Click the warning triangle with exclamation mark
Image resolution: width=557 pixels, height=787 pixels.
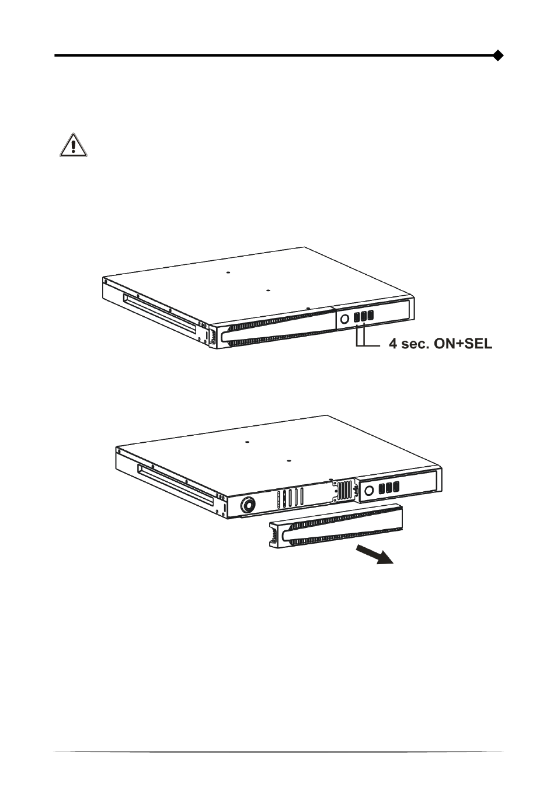point(73,145)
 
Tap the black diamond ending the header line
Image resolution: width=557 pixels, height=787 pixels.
point(498,55)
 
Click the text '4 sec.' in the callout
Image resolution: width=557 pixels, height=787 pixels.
point(409,344)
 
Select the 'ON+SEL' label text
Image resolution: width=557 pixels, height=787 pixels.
point(463,344)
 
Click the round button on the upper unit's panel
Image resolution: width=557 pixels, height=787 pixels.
point(344,319)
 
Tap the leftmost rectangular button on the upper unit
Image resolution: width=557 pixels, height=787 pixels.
point(357,317)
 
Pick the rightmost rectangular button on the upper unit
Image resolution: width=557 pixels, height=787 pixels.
point(370,315)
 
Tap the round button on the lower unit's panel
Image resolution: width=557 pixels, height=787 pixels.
point(370,490)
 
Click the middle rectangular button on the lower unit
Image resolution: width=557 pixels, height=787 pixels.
point(389,487)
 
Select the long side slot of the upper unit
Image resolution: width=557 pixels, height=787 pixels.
point(159,314)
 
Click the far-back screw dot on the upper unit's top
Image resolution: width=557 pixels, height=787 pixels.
point(228,272)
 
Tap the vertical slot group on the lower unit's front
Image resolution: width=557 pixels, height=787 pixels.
point(290,498)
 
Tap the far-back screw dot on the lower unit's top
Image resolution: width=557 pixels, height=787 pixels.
point(247,442)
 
